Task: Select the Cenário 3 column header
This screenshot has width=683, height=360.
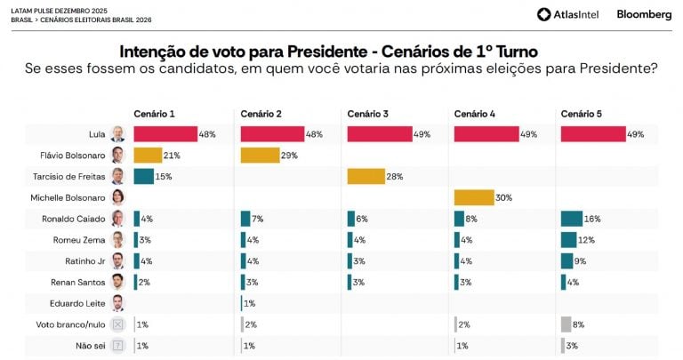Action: pyautogui.click(x=367, y=114)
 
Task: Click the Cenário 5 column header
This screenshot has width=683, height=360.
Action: pyautogui.click(x=581, y=114)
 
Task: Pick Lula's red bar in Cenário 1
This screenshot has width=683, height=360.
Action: pyautogui.click(x=165, y=134)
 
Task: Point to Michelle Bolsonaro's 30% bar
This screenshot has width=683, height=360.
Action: pyautogui.click(x=474, y=197)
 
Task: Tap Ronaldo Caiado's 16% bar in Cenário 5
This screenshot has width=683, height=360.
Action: pyautogui.click(x=571, y=218)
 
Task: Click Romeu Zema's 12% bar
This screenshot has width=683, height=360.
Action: pyautogui.click(x=568, y=239)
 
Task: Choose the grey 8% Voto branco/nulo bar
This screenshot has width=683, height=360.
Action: pyautogui.click(x=566, y=324)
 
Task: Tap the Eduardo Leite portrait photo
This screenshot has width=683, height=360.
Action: pyautogui.click(x=117, y=303)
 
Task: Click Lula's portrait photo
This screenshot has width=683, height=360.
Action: pyautogui.click(x=117, y=134)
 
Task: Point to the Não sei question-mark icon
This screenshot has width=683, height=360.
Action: pyautogui.click(x=117, y=345)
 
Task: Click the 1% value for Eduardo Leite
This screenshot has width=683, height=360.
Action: pyautogui.click(x=250, y=303)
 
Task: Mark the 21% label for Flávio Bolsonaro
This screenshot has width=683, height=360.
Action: pyautogui.click(x=172, y=155)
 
